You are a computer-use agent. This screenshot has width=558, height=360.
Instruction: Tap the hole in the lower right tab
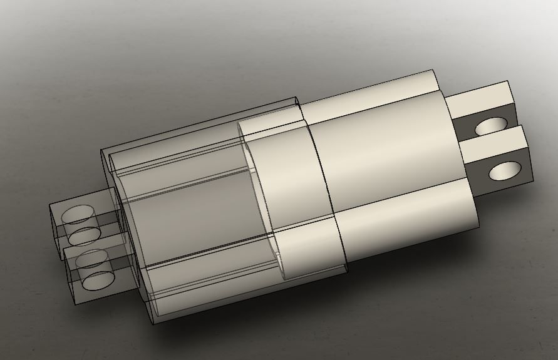[x=504, y=170]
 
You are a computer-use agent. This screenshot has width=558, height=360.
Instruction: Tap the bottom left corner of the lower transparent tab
[x=76, y=304]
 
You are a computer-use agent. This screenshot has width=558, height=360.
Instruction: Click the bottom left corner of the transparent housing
[x=153, y=324]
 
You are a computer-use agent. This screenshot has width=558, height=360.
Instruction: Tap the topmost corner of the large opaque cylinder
[x=432, y=70]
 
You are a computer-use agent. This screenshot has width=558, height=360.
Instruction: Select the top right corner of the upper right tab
[x=508, y=81]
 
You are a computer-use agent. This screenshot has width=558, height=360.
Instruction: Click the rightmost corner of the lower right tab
[x=534, y=182]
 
